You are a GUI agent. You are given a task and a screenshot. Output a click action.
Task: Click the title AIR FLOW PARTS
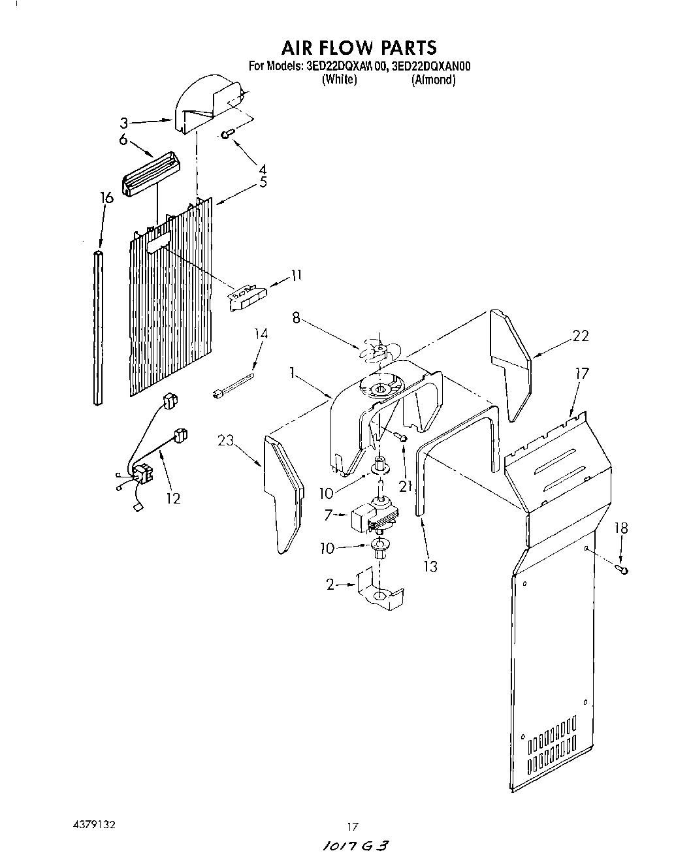coord(359,47)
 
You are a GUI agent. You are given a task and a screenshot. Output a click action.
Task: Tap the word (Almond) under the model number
coord(432,80)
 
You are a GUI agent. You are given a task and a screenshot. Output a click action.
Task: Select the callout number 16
coord(106,197)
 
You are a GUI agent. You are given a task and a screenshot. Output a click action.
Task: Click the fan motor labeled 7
coord(372,515)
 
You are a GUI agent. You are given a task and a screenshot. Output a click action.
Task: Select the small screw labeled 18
coord(624,571)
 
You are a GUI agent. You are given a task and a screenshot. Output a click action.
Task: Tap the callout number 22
coord(580,336)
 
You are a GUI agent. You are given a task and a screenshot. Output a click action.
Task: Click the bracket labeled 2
coord(379,587)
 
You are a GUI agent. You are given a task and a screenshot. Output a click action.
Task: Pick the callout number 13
coord(430,566)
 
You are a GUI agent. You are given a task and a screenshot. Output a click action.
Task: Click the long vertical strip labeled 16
coord(99,327)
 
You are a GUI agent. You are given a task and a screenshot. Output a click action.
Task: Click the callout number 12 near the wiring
coord(173,498)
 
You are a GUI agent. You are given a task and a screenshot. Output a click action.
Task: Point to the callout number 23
coord(225,440)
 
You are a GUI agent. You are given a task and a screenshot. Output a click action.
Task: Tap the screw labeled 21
coord(402,436)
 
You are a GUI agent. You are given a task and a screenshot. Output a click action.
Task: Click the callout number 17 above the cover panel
coord(581,374)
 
